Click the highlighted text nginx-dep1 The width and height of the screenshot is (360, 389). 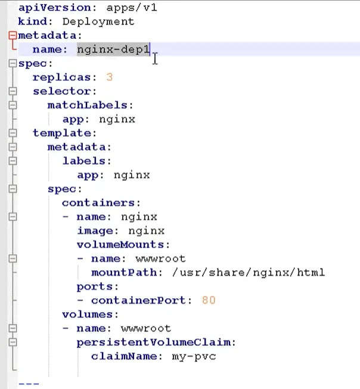[x=113, y=50]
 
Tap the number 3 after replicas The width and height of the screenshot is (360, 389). [x=110, y=77]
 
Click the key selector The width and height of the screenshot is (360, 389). [x=62, y=91]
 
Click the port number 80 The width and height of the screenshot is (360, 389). [x=209, y=300]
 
